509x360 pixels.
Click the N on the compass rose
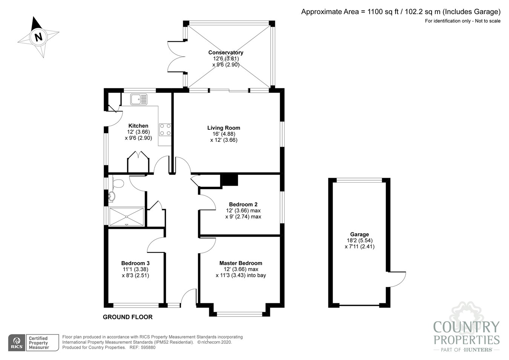(38, 37)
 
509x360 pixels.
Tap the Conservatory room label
(225, 52)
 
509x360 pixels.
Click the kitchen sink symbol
(139, 99)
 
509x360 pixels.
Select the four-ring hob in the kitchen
(165, 130)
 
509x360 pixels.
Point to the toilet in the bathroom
(118, 183)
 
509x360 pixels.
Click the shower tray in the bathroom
(126, 217)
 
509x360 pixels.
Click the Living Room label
(224, 128)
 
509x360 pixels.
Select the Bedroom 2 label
(243, 205)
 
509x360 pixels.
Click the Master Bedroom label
(241, 263)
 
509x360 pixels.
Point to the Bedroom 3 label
(135, 263)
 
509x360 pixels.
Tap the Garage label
(359, 234)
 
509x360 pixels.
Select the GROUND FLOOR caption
(128, 317)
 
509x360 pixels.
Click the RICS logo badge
(17, 343)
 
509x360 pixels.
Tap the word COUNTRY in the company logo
(466, 327)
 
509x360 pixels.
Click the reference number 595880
(148, 348)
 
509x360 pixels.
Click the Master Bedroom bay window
(239, 314)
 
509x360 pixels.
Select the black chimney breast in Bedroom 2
(230, 180)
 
